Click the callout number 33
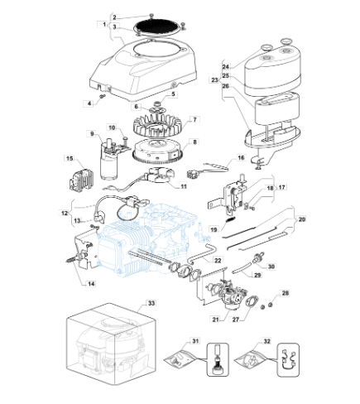(x=151, y=303)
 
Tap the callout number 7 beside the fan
(x=195, y=119)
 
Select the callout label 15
(x=70, y=158)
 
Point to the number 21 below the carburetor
(x=215, y=320)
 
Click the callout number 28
(x=286, y=293)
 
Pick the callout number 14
(x=91, y=284)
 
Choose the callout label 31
(x=195, y=341)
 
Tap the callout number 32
(x=266, y=341)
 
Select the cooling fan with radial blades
(x=157, y=126)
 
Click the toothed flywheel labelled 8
(x=157, y=151)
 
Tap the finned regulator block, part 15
(x=81, y=180)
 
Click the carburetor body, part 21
(x=232, y=296)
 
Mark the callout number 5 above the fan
(x=173, y=94)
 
